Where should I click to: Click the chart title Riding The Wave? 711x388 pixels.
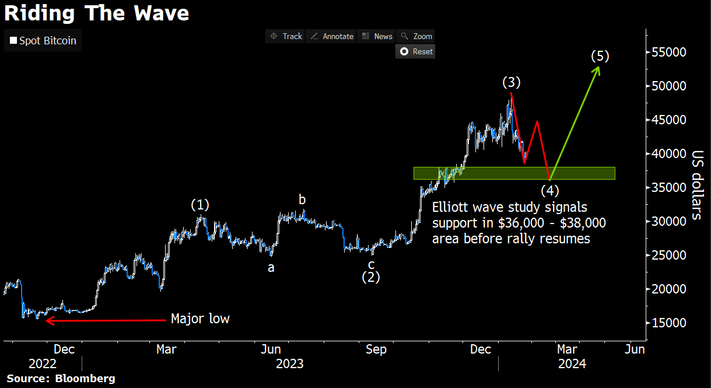(x=96, y=12)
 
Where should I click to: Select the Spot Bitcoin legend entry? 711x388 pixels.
(x=43, y=41)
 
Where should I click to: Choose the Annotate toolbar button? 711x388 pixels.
(x=331, y=36)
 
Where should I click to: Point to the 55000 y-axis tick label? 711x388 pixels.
(x=670, y=53)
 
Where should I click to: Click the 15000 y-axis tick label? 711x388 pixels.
(x=670, y=323)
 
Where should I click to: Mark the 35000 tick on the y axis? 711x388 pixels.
(x=670, y=188)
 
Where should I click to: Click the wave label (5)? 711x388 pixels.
(x=600, y=57)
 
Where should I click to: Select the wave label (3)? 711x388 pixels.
(x=512, y=82)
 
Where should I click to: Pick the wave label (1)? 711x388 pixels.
(x=200, y=205)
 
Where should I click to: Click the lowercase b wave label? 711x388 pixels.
(x=302, y=200)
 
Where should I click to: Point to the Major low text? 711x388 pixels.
(x=200, y=319)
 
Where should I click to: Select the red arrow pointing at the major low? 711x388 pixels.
(x=105, y=320)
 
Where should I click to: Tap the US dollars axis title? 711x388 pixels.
(x=696, y=184)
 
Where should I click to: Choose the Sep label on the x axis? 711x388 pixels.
(x=376, y=349)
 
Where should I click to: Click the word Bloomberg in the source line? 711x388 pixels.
(x=85, y=379)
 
